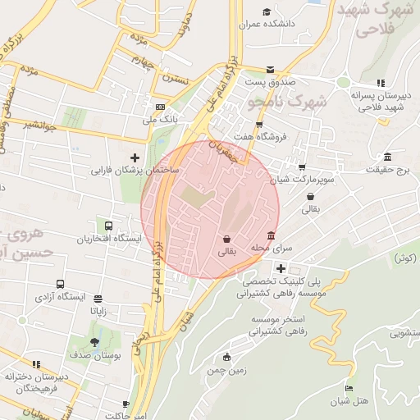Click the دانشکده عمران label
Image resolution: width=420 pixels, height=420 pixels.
267,25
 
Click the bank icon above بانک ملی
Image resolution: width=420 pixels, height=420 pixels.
160,107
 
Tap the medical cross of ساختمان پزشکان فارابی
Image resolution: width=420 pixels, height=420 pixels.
135,157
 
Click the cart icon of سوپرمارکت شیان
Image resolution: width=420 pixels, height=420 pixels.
302,167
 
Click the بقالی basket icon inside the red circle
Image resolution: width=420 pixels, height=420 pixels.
226,240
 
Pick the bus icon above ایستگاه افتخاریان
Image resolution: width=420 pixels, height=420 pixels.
108,226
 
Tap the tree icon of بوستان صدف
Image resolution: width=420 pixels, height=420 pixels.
96,342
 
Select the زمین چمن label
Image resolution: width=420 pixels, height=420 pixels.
226,371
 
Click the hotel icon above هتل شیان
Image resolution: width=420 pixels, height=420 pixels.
349,389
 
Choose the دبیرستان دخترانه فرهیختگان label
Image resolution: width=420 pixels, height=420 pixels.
33,381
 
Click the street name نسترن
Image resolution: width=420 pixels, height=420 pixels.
175,80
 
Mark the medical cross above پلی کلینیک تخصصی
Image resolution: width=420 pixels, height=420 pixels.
281,268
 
